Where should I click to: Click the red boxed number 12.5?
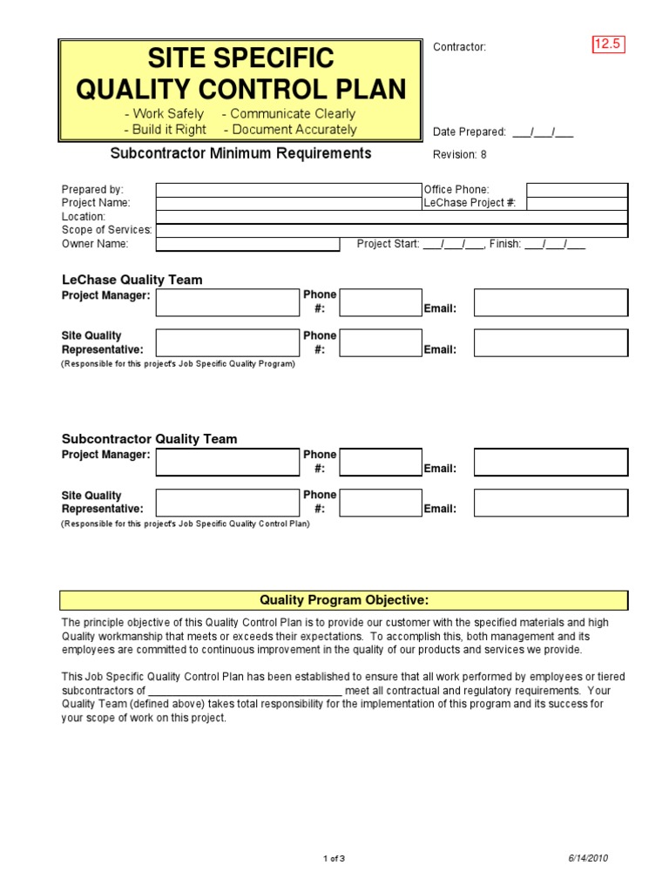609,44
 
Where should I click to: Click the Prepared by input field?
287,190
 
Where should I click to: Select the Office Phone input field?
577,190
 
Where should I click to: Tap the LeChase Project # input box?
577,204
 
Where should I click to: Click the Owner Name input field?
247,245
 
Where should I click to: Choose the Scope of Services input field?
391,231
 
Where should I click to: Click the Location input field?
391,217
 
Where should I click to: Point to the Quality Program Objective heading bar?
343,600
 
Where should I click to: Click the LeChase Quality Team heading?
132,280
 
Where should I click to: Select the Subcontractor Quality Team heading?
149,439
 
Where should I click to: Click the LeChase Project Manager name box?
227,302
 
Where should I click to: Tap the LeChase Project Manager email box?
551,302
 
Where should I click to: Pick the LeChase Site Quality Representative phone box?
380,343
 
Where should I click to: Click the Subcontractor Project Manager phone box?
380,462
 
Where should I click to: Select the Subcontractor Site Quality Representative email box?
551,503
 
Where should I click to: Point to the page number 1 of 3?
334,859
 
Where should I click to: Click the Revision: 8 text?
460,155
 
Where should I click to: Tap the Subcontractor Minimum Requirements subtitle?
240,153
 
